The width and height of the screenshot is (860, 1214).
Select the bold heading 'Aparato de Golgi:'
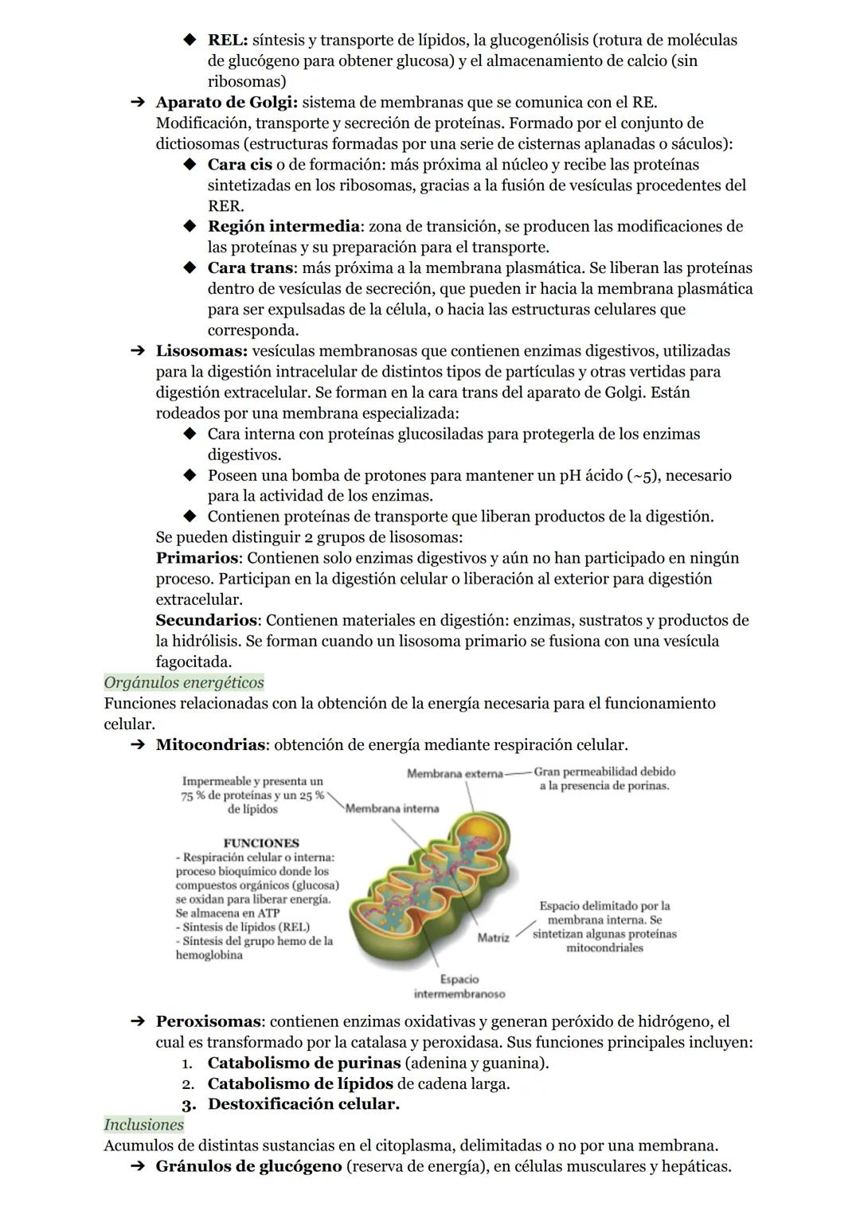227,103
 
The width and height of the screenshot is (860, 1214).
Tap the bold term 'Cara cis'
240,165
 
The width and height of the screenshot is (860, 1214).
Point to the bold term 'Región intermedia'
283,227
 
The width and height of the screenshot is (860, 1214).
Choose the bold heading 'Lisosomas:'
201,351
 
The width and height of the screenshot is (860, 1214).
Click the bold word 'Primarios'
197,558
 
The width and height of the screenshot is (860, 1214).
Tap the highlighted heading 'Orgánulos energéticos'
184,682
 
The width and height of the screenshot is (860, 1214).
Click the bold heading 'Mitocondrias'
210,745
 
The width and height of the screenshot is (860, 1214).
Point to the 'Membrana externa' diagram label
455,773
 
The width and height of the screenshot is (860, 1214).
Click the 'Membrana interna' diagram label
392,809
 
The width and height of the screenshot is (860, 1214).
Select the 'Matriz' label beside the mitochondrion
493,938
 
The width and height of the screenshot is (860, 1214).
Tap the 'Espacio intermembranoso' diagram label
459,987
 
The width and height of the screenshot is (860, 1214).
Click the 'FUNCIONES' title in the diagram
261,843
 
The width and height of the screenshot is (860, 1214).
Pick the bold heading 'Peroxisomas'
208,1021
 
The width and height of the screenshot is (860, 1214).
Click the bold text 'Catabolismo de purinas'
303,1063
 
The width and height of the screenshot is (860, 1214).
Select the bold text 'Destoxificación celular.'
303,1104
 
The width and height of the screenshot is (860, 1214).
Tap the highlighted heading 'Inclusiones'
144,1125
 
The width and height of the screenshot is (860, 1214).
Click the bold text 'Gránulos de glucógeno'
248,1166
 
